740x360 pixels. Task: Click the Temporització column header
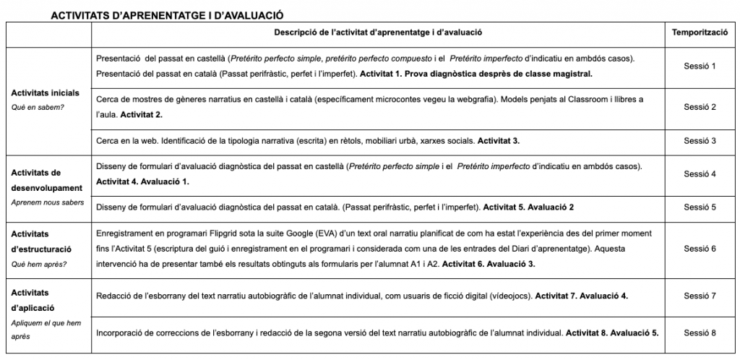click(699, 33)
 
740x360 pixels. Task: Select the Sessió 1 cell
click(699, 66)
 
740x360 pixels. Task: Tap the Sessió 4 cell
click(699, 174)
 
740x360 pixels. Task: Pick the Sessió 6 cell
click(699, 249)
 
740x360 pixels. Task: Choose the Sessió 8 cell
click(699, 333)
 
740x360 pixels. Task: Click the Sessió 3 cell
click(699, 141)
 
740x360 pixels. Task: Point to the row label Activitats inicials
click(44, 93)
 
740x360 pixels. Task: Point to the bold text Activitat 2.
click(141, 115)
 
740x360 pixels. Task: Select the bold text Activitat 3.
click(499, 141)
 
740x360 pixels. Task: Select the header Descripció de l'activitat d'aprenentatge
click(378, 33)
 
